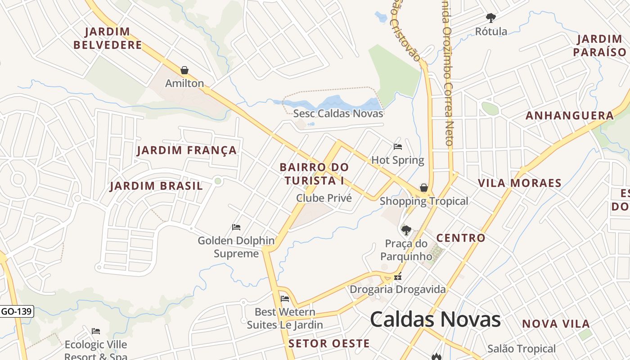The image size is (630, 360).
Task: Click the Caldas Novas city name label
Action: point(435,319)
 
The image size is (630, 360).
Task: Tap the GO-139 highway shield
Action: point(17,311)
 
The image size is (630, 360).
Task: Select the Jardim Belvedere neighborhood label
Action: point(108,38)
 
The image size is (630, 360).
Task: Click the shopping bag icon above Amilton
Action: point(184,70)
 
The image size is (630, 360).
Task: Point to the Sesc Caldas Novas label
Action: point(338,113)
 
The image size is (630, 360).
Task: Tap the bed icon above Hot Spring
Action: point(398,146)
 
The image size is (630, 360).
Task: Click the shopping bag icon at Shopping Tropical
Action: point(423,188)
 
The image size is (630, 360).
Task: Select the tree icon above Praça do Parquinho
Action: point(406,230)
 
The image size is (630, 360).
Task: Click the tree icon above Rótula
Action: point(491,18)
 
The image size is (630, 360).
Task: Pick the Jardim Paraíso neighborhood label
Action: point(599,45)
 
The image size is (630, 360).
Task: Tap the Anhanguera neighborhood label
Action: point(570,116)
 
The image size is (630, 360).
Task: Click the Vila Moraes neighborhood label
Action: point(520,183)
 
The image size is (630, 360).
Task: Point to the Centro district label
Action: point(461,238)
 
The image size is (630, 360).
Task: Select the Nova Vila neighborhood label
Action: point(556,324)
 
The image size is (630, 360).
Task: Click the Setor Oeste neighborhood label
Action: point(329,344)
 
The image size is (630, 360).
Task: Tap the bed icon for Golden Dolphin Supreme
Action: point(236,227)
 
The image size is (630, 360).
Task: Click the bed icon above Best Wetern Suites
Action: point(285,298)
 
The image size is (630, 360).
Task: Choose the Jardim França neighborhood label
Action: point(187,150)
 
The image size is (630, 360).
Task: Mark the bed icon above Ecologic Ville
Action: point(96,331)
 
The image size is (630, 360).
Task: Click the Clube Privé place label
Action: point(324,198)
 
